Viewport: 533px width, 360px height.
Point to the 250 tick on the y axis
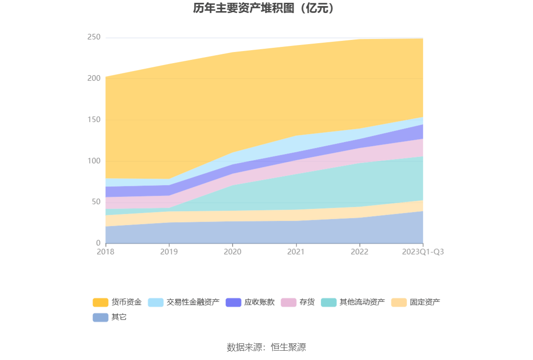click(94, 37)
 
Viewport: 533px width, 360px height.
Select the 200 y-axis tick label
click(94, 78)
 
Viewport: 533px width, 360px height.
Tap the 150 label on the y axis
click(94, 120)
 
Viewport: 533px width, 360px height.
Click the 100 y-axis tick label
click(94, 161)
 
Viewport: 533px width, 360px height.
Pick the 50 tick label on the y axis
click(96, 202)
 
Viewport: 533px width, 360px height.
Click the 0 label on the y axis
click(98, 243)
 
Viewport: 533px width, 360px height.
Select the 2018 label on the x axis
click(105, 252)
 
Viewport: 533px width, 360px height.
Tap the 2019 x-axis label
click(169, 252)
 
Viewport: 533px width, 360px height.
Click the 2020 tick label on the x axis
click(232, 252)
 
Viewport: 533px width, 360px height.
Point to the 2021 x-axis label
click(296, 252)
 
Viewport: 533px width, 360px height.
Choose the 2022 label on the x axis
click(359, 252)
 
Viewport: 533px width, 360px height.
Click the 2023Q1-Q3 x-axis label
click(422, 252)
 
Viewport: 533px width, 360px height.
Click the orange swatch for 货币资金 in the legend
click(100, 302)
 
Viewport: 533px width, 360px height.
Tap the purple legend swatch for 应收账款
click(233, 302)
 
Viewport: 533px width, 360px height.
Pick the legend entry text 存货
click(307, 302)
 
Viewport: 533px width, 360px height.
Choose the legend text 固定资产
click(425, 302)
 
